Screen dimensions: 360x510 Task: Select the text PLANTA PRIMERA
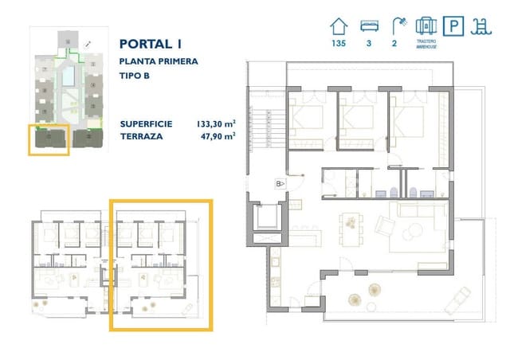158,61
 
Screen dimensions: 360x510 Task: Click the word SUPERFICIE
147,124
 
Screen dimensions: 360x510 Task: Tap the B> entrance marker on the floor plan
280,184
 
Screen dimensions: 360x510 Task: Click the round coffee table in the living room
414,232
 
